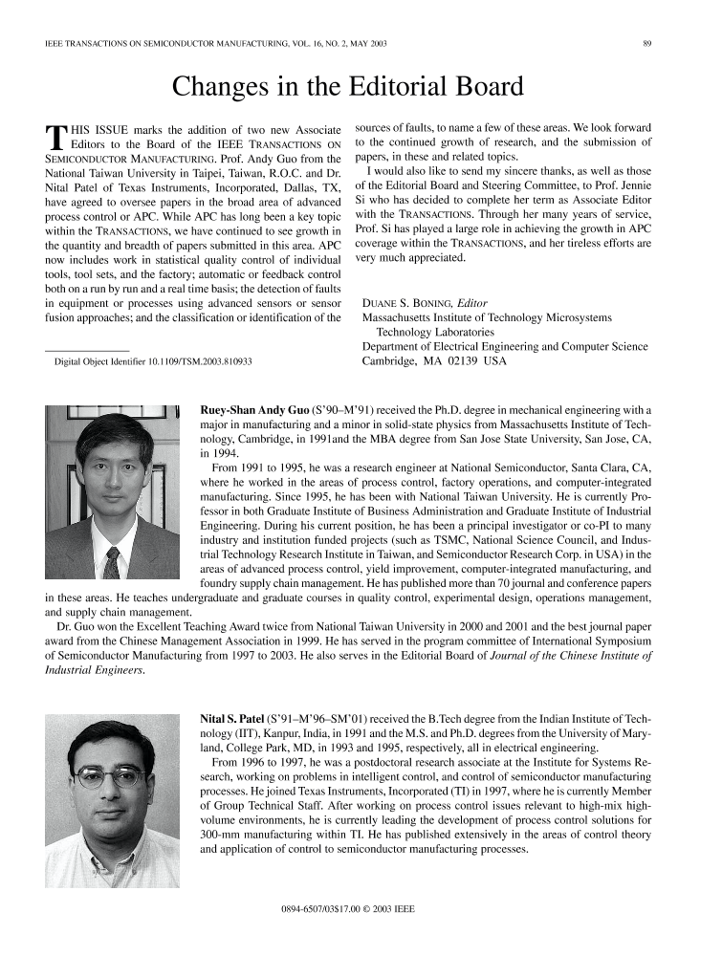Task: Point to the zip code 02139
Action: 463,361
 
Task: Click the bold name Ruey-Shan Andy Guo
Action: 254,410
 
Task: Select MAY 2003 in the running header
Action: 361,44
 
